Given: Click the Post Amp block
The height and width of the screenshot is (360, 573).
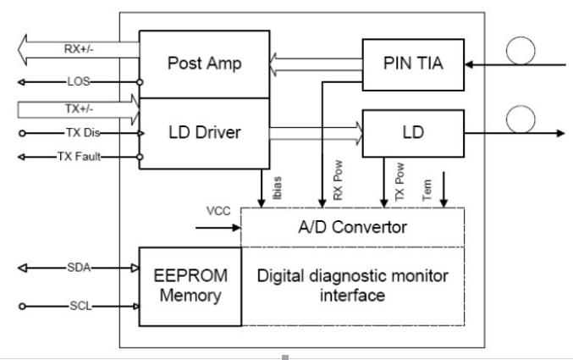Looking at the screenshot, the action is click(x=204, y=64).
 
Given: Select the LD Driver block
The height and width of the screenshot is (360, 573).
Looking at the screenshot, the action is click(x=204, y=134).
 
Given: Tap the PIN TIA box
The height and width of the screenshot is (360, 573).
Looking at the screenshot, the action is click(x=413, y=64).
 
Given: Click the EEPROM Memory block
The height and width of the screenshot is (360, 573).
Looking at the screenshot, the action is click(x=190, y=286).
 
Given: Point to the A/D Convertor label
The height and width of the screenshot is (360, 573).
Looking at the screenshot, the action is click(x=353, y=227).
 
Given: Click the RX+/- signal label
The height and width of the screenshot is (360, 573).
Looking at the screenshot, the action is click(x=79, y=48).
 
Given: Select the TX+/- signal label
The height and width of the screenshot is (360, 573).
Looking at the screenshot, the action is click(x=79, y=108).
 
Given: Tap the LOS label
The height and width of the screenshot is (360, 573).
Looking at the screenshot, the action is click(x=79, y=81).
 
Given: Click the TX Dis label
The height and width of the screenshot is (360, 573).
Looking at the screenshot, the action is click(x=83, y=132).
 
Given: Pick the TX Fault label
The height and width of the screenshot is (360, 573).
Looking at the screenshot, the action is click(x=79, y=157).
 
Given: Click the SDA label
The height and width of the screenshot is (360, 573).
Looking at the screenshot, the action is click(x=79, y=268).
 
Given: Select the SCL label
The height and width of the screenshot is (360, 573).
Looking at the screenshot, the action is click(x=80, y=306).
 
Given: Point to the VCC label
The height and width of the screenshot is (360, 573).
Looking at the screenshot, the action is click(x=218, y=211).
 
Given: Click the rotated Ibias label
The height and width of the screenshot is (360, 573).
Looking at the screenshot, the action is click(x=278, y=188).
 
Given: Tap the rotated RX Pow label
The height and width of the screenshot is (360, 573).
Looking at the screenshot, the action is click(x=338, y=180).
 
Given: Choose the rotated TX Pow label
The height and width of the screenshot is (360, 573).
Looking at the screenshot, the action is click(x=399, y=182).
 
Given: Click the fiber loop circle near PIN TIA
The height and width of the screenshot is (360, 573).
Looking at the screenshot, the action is click(x=521, y=37).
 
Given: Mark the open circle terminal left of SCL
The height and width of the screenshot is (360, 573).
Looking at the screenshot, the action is click(x=22, y=307).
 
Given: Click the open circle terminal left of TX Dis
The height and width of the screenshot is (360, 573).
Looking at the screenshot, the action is click(x=22, y=133).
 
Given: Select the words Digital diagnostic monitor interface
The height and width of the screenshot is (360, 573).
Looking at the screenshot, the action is click(x=353, y=285).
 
